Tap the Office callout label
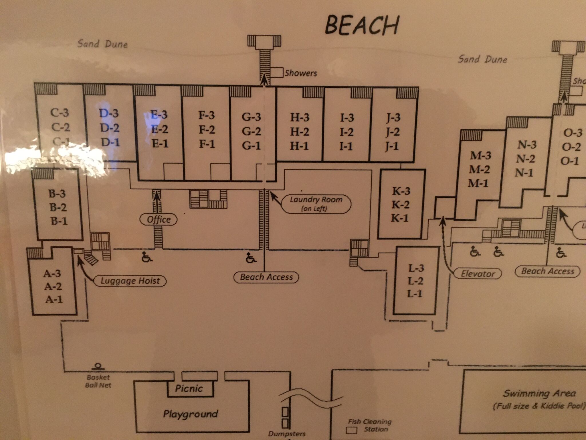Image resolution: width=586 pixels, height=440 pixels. [x=159, y=220]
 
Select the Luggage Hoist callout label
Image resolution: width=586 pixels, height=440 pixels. [x=130, y=281]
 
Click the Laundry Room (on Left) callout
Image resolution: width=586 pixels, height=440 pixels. [x=316, y=204]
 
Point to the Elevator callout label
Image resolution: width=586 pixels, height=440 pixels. [x=478, y=274]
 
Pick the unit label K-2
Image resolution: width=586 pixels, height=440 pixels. [x=400, y=205]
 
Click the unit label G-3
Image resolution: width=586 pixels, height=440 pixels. [x=251, y=117]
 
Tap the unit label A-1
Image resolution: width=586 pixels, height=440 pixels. [x=54, y=299]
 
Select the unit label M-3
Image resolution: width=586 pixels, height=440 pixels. [x=480, y=156]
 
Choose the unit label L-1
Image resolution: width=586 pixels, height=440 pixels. [x=415, y=294]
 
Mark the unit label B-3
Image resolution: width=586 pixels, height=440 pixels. [x=57, y=194]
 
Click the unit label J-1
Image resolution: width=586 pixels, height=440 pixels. [x=392, y=147]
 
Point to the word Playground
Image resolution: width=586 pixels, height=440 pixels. [x=191, y=414]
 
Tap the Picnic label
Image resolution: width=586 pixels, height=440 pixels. [x=189, y=389]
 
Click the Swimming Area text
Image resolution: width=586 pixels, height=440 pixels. [x=539, y=393]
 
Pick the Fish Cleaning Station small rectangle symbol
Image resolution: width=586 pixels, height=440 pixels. [x=352, y=430]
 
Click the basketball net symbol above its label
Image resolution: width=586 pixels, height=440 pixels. [x=98, y=366]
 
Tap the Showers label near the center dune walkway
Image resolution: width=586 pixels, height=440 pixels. [x=301, y=73]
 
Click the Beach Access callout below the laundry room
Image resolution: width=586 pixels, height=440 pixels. [x=266, y=277]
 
